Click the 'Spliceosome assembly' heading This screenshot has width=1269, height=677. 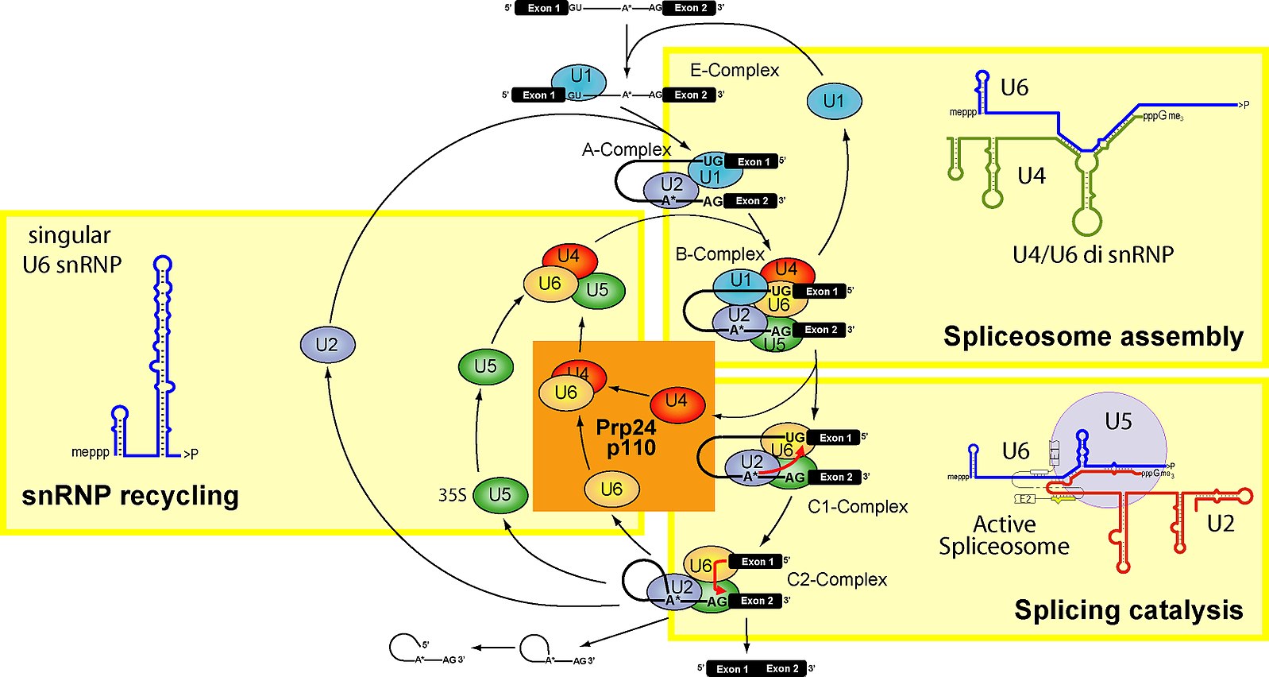pos(1093,337)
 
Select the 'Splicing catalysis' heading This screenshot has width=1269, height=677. pos(1128,610)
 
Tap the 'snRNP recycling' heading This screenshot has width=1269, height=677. pos(130,496)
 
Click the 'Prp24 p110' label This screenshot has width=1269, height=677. pos(627,438)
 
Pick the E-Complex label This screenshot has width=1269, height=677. pos(735,71)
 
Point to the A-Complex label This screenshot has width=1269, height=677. pos(627,149)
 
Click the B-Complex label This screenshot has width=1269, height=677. pos(719,254)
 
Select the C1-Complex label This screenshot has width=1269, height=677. pos(858,507)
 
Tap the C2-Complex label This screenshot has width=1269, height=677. pos(837,580)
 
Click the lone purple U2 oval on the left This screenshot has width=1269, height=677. pos(327,345)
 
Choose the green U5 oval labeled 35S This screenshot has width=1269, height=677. pos(500,495)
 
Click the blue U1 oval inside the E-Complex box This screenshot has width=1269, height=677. pos(834,102)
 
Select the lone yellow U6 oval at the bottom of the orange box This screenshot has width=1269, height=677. pos(611,489)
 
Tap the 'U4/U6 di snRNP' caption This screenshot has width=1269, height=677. pos(1093,255)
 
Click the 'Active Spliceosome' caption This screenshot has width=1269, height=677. pos(1004,536)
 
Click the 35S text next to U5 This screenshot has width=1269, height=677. pos(453,495)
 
